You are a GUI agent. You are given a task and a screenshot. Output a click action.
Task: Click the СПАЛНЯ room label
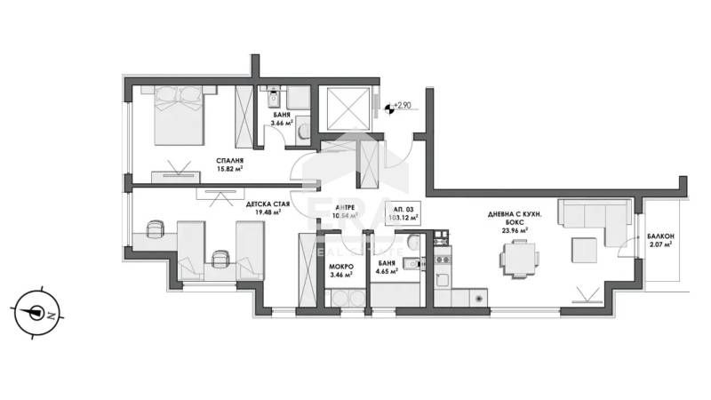[x=229, y=161]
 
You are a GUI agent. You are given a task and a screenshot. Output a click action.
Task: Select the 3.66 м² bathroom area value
[x=283, y=124]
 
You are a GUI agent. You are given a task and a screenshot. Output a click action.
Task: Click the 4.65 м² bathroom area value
[x=387, y=273]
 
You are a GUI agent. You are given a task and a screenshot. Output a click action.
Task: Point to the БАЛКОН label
[x=661, y=236]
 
